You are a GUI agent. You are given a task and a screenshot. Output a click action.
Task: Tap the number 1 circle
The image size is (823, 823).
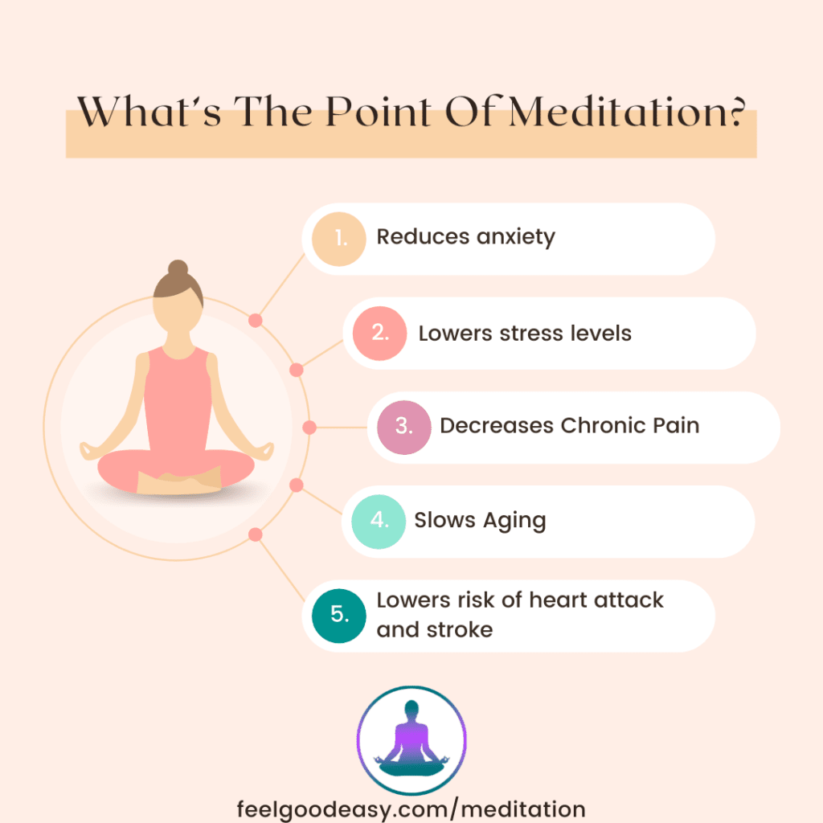(341, 238)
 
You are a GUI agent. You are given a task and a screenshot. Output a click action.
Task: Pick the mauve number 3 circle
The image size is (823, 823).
(403, 427)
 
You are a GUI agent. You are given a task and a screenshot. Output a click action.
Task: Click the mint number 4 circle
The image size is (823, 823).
(378, 521)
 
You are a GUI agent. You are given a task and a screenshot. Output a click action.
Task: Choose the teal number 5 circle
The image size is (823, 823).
(338, 615)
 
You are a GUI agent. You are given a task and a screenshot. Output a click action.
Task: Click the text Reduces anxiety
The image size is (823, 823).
(465, 238)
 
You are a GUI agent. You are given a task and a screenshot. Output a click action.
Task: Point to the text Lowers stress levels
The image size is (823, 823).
(525, 333)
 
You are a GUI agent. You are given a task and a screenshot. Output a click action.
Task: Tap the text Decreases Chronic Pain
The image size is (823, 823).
(569, 426)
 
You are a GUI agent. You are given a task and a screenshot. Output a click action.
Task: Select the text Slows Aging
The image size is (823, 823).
(480, 521)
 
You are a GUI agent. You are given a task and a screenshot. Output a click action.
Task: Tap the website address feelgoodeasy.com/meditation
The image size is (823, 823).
(411, 807)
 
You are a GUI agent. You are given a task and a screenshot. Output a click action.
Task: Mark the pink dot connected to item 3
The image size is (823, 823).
(309, 427)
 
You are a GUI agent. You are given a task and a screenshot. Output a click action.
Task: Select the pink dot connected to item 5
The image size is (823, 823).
(256, 534)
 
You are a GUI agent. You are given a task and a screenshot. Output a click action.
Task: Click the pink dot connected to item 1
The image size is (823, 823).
(256, 320)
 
